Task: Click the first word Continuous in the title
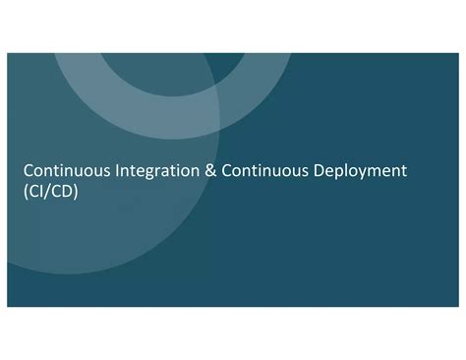tap(65, 172)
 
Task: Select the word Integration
tap(155, 172)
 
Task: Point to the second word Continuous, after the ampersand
tap(263, 172)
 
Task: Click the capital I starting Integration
tap(117, 172)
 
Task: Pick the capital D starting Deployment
tap(317, 172)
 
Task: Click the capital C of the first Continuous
tap(29, 172)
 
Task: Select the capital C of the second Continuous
tap(227, 172)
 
